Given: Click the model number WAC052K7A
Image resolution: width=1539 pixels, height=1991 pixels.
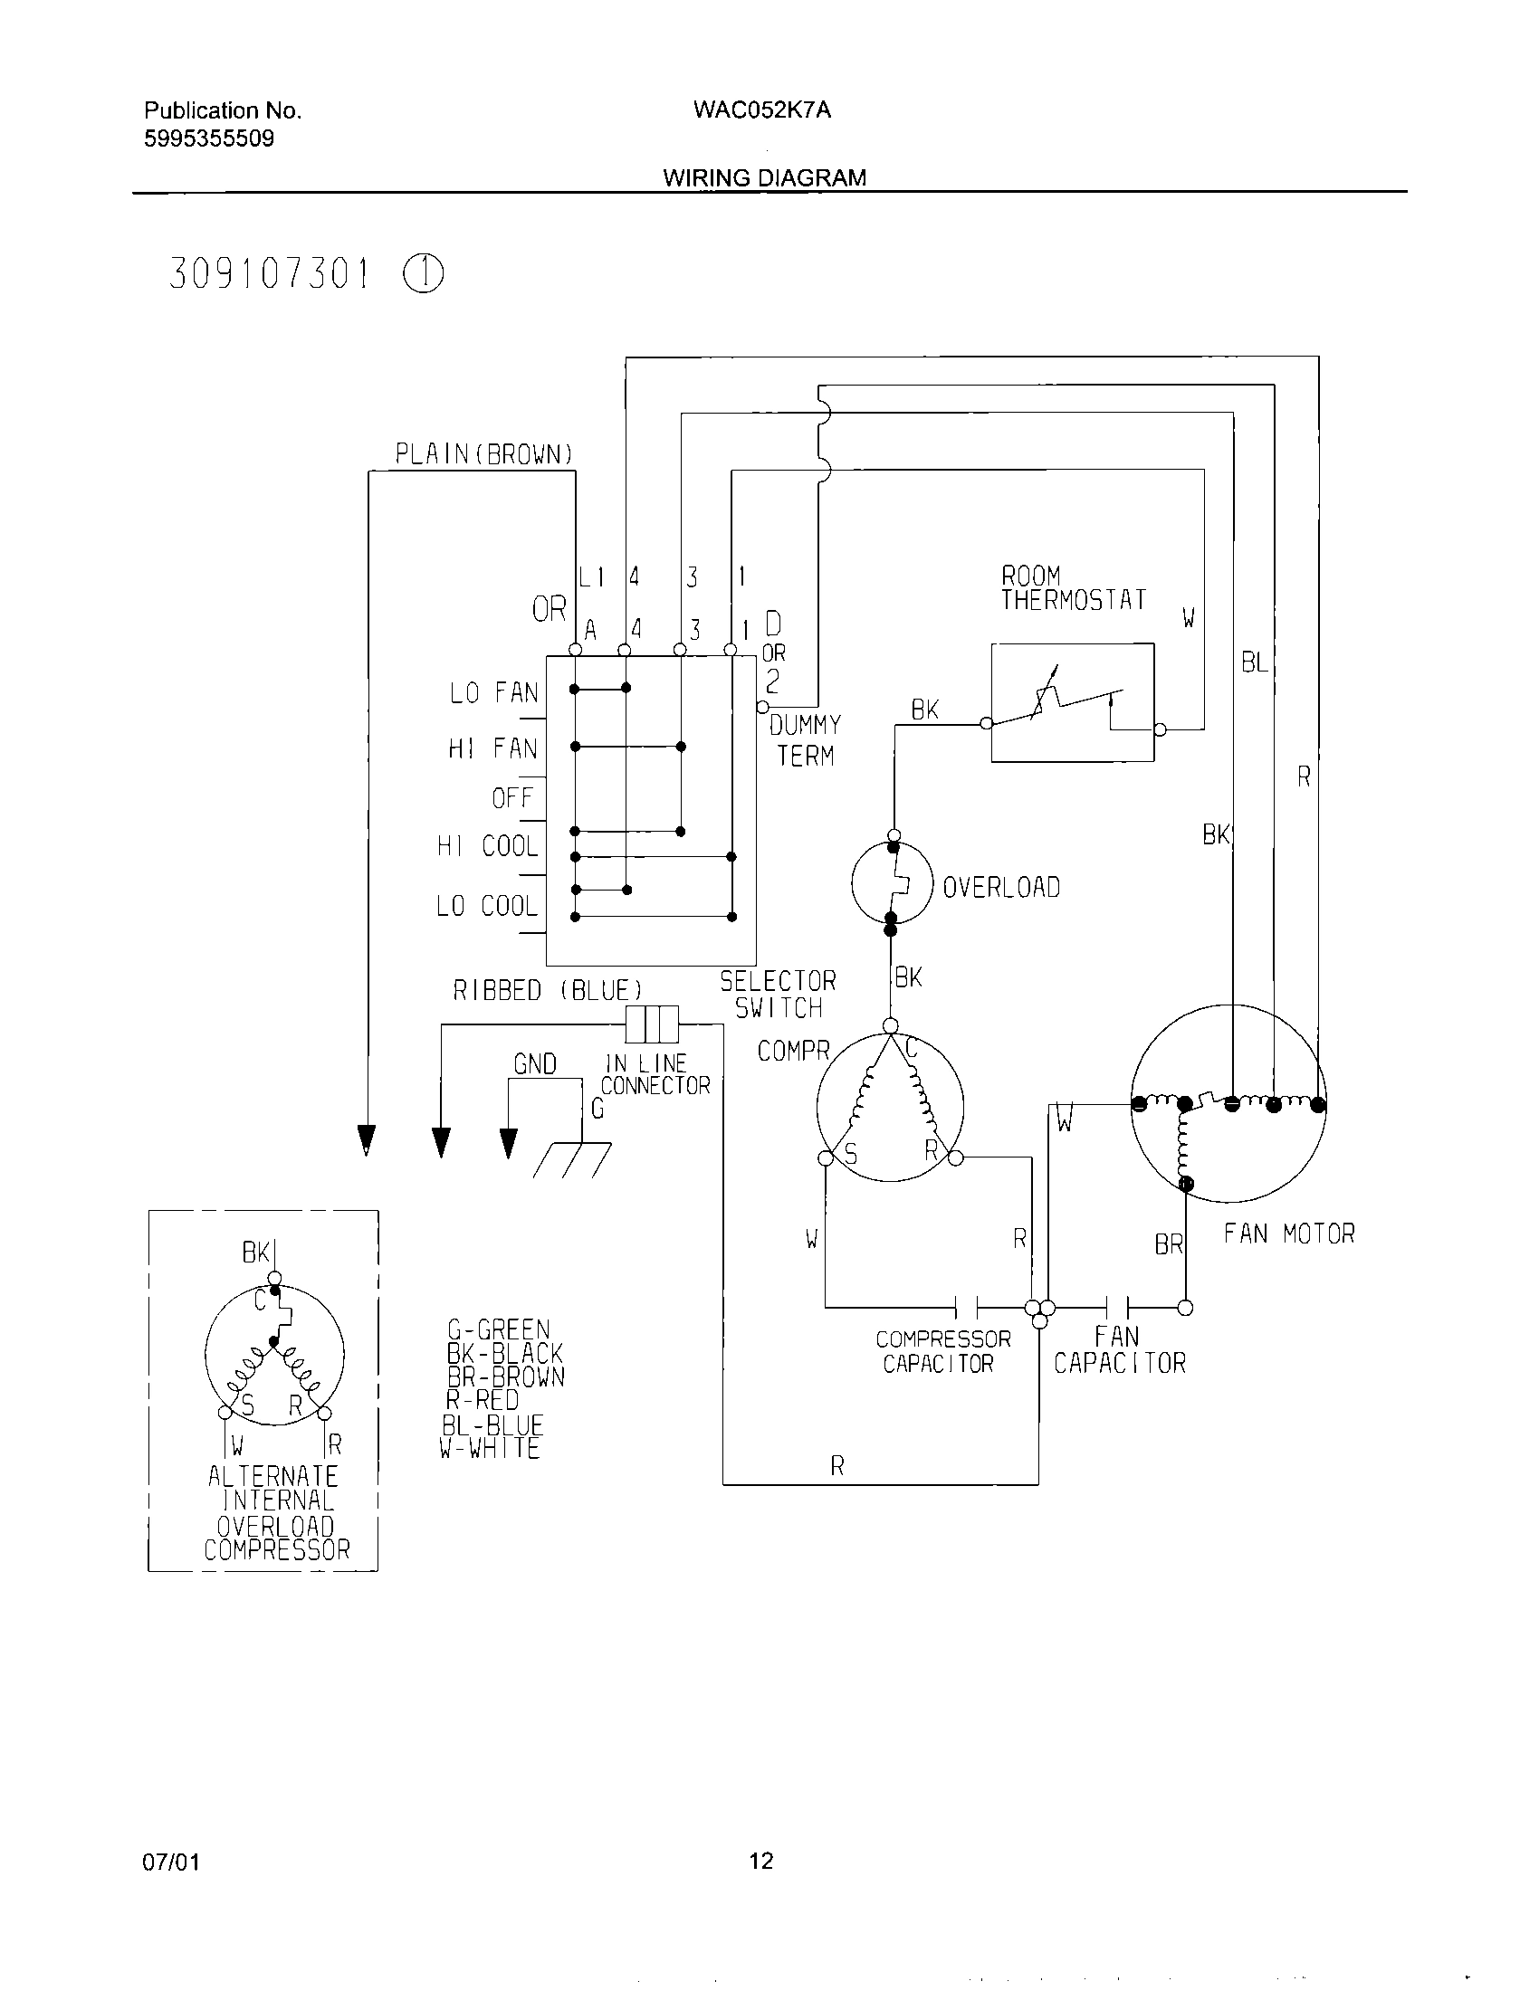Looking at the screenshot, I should (x=761, y=110).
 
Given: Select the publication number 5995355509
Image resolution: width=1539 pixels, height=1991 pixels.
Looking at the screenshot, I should (x=209, y=139).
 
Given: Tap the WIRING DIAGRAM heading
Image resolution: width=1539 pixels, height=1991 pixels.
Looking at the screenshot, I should (x=764, y=177).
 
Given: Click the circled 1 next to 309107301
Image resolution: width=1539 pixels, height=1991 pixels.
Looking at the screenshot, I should (x=423, y=273).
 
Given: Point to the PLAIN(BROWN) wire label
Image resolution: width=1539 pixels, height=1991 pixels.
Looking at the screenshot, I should (x=483, y=454).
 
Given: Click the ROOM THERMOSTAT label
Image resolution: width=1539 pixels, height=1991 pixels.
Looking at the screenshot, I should (x=1072, y=588).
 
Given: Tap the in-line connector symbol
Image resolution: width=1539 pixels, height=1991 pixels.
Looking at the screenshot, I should (x=652, y=1024).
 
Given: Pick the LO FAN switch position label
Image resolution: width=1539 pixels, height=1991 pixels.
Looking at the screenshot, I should (x=493, y=693).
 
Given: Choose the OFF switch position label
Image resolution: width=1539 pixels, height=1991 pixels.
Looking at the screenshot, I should (x=512, y=798).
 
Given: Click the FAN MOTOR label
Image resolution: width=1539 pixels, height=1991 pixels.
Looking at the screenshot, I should (x=1288, y=1234).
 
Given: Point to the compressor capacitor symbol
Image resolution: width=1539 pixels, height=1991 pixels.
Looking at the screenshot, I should (x=967, y=1308).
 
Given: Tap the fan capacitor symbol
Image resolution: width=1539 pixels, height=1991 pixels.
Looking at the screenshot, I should (x=1118, y=1308).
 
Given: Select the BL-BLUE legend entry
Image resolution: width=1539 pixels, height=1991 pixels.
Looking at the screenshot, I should (x=492, y=1424).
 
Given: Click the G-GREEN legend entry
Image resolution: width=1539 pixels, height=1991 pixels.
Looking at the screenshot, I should (x=498, y=1329).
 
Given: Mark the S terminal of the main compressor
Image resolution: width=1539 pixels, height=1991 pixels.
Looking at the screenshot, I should (x=826, y=1158).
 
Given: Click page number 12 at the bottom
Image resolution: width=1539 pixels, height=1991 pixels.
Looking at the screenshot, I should (x=760, y=1861).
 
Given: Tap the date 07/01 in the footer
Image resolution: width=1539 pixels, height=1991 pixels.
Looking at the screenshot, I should (x=170, y=1862).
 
